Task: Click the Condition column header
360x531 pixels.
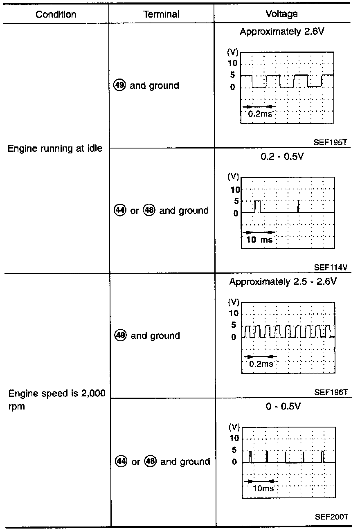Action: (x=56, y=14)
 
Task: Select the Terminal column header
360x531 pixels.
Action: (x=161, y=14)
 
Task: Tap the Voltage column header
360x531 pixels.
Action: (x=282, y=14)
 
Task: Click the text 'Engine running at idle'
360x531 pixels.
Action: (x=55, y=148)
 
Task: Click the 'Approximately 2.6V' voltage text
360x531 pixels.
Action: (x=282, y=32)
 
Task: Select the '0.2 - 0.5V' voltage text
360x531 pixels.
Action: (x=282, y=157)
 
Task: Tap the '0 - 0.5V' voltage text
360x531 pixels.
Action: (x=282, y=407)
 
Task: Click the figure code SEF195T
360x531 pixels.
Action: (x=331, y=142)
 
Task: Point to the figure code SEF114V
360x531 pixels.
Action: (x=331, y=268)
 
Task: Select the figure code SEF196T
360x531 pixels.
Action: (x=331, y=392)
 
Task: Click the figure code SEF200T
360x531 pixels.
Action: (x=331, y=517)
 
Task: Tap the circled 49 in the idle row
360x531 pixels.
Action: (x=119, y=85)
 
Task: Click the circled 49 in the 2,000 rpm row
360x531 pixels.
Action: (x=120, y=335)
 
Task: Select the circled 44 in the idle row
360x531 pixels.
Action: (x=119, y=211)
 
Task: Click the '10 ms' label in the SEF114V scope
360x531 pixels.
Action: (x=259, y=240)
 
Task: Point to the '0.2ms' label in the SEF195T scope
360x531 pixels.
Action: (x=260, y=114)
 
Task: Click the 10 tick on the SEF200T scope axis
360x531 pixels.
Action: (x=234, y=438)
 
